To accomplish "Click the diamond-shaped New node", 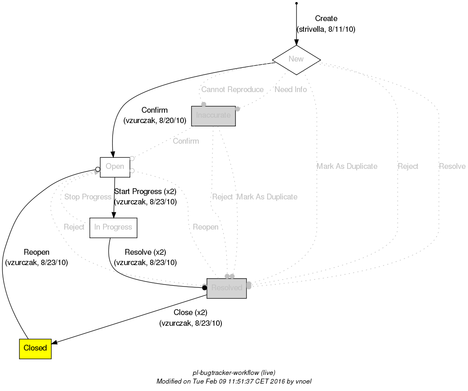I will pyautogui.click(x=296, y=59).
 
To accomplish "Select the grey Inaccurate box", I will pyautogui.click(x=213, y=116).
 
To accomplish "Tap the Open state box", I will pyautogui.click(x=115, y=167).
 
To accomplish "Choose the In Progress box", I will pyautogui.click(x=113, y=227).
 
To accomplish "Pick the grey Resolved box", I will pyautogui.click(x=226, y=288).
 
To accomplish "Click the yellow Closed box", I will pyautogui.click(x=35, y=348).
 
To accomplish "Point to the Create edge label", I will pyautogui.click(x=326, y=19).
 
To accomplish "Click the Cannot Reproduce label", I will pyautogui.click(x=232, y=90).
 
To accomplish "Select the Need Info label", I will pyautogui.click(x=290, y=90).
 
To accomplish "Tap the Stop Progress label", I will pyautogui.click(x=88, y=197).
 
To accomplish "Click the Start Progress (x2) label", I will pyautogui.click(x=145, y=192).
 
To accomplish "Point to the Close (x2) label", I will pyautogui.click(x=190, y=313).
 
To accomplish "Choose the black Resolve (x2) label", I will pyautogui.click(x=145, y=252).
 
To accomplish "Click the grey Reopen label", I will pyautogui.click(x=205, y=227).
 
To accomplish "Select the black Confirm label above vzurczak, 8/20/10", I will pyautogui.click(x=155, y=110).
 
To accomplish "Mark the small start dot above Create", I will pyautogui.click(x=296, y=3).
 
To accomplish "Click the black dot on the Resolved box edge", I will pyautogui.click(x=204, y=288).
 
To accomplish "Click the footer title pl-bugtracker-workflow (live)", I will pyautogui.click(x=234, y=372).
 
